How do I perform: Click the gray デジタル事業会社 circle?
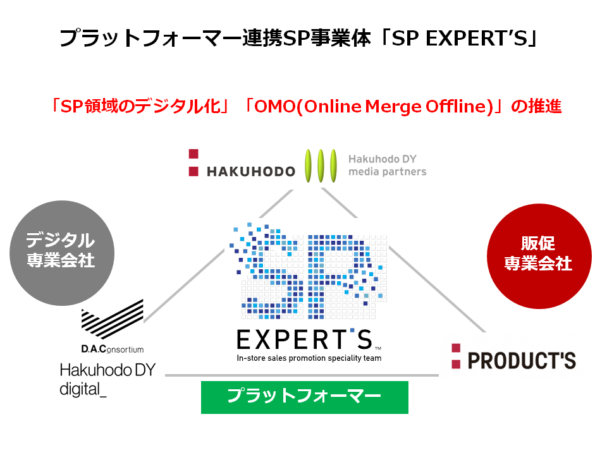pyautogui.click(x=62, y=253)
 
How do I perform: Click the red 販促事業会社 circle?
pyautogui.click(x=539, y=256)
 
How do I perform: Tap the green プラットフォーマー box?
pyautogui.click(x=305, y=397)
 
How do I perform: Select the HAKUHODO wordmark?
pyautogui.click(x=251, y=171)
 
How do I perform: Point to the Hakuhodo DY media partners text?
pyautogui.click(x=387, y=165)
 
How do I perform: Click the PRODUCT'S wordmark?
pyautogui.click(x=522, y=361)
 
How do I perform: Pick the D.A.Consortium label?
pyautogui.click(x=113, y=349)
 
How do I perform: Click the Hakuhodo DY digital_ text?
pyautogui.click(x=107, y=380)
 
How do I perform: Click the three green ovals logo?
pyautogui.click(x=321, y=166)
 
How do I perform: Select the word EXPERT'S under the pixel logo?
pyautogui.click(x=305, y=340)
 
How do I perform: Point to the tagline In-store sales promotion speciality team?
pyautogui.click(x=309, y=358)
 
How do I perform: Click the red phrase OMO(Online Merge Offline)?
pyautogui.click(x=374, y=106)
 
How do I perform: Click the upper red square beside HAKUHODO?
pyautogui.click(x=193, y=154)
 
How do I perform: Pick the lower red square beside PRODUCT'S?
pyautogui.click(x=456, y=364)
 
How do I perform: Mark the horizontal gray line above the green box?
pyautogui.click(x=302, y=375)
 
